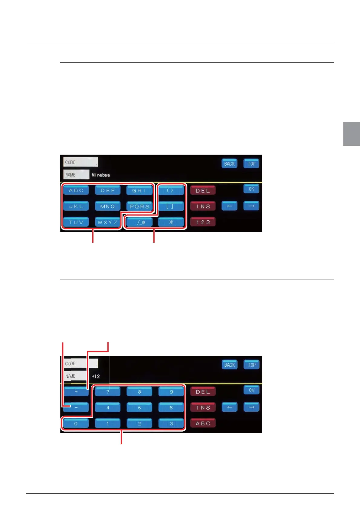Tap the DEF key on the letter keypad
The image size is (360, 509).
click(x=108, y=190)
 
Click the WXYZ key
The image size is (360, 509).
click(x=107, y=222)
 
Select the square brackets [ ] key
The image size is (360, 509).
click(x=171, y=206)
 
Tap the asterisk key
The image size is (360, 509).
click(x=171, y=222)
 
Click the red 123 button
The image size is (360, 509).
click(x=203, y=222)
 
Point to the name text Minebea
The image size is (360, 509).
click(x=101, y=175)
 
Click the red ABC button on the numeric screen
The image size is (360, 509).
click(x=203, y=423)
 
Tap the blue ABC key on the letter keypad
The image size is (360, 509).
click(x=76, y=190)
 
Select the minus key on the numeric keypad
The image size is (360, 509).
click(x=76, y=407)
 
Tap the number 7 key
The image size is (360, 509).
click(x=108, y=392)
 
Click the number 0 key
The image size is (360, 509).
click(x=76, y=423)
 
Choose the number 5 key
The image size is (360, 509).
click(x=139, y=407)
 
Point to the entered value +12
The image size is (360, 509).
click(x=96, y=376)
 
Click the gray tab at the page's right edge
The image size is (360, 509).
click(x=351, y=134)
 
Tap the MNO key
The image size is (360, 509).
click(x=108, y=206)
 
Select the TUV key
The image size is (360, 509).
click(x=76, y=222)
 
